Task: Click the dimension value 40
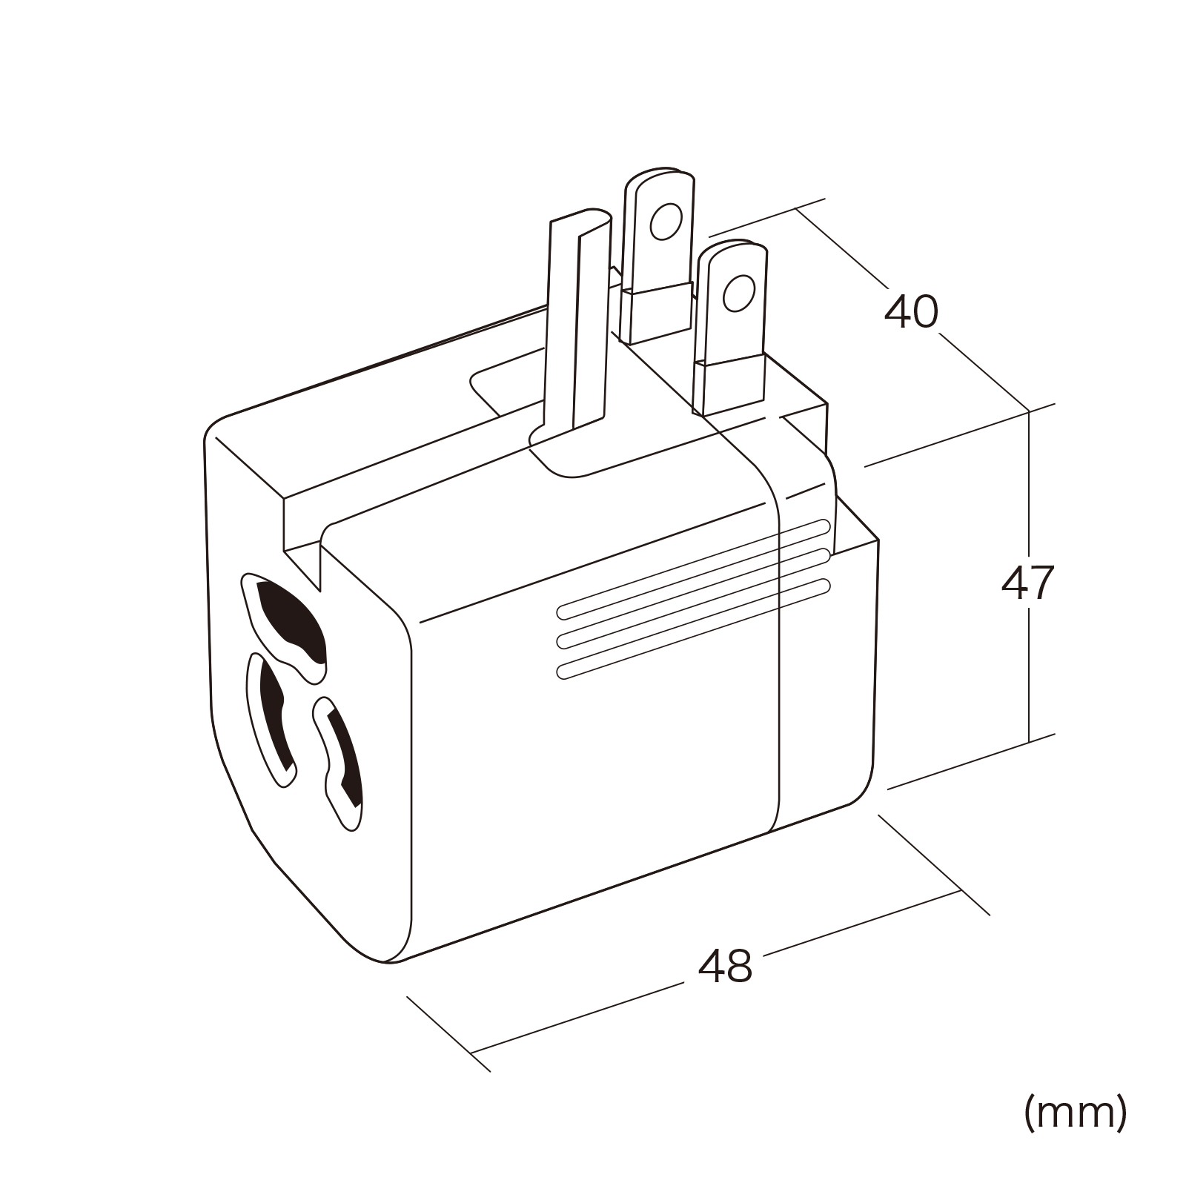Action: pyautogui.click(x=911, y=312)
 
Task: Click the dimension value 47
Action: pyautogui.click(x=1027, y=584)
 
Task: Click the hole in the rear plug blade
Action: pyautogui.click(x=665, y=220)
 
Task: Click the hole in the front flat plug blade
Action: pyautogui.click(x=738, y=293)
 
